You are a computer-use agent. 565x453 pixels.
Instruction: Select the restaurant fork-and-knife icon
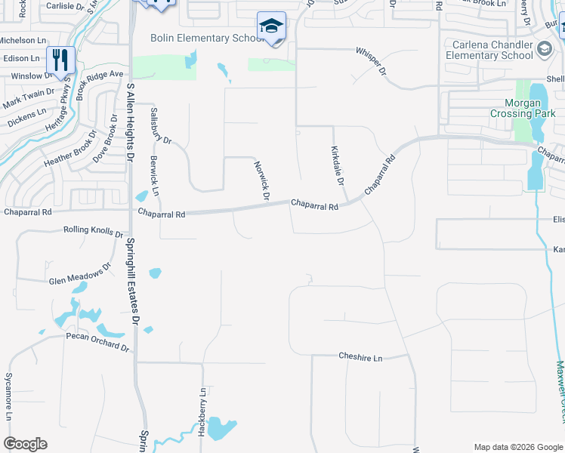pos(60,59)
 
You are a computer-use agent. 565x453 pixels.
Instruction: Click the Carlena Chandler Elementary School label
pos(489,50)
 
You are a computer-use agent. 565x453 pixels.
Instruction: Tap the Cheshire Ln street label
pos(360,357)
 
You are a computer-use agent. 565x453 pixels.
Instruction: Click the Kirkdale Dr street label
pos(337,167)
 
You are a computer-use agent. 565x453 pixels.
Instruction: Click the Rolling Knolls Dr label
pos(94,231)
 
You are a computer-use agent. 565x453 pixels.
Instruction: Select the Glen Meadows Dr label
pos(79,278)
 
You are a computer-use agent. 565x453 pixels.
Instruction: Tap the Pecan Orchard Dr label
pos(97,341)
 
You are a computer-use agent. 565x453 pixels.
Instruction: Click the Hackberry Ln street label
pos(202,412)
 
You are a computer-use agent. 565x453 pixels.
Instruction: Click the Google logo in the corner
pos(25,444)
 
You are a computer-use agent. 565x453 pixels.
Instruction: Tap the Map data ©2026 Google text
pos(518,447)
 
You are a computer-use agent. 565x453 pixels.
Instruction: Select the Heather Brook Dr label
pos(71,152)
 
